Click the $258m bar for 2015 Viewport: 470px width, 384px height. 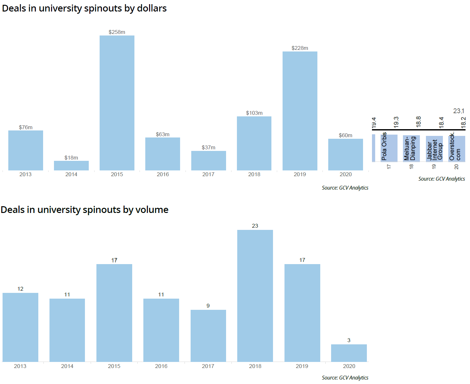tap(117, 103)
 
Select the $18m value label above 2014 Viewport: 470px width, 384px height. tap(71, 158)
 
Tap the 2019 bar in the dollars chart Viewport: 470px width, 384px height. tap(300, 111)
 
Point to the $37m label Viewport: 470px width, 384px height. tap(208, 147)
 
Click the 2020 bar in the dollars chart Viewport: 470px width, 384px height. tap(345, 154)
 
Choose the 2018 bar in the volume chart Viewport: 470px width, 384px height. tap(255, 296)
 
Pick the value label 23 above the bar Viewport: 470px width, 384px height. tap(255, 226)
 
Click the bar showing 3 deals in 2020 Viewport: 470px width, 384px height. tap(349, 353)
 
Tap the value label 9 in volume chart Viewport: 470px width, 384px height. tap(208, 306)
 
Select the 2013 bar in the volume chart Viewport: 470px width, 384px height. tap(20, 327)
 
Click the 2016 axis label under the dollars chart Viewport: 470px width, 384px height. tap(163, 174)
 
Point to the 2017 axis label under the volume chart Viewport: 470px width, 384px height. tap(208, 366)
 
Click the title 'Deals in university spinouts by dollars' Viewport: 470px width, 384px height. tap(84, 8)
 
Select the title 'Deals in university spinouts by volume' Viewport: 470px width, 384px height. tap(85, 210)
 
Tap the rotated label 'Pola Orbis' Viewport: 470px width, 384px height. tap(384, 146)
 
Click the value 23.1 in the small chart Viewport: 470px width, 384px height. tap(459, 111)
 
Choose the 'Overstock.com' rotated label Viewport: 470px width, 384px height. tap(455, 147)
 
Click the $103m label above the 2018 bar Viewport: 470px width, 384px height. tap(254, 113)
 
